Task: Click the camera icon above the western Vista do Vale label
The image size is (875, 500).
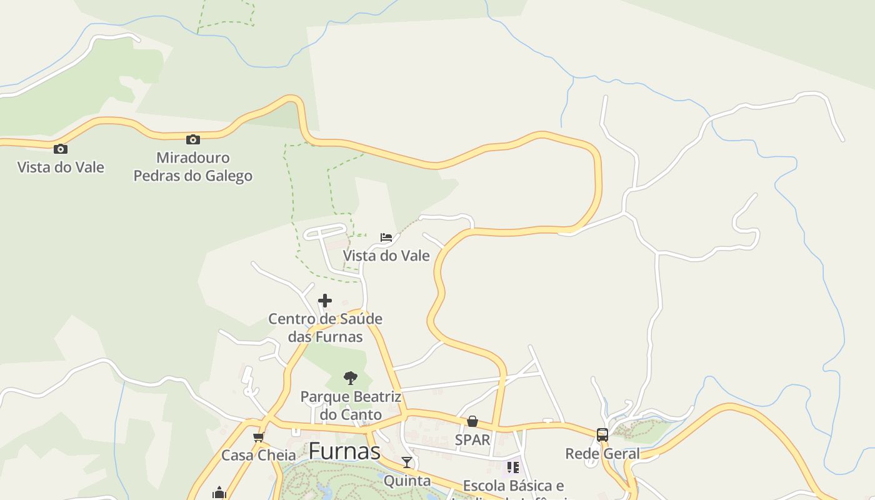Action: [61, 149]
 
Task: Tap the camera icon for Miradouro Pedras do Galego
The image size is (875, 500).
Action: [193, 139]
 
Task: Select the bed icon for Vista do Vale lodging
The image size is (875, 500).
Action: [386, 237]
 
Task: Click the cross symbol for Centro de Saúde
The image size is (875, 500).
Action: [325, 301]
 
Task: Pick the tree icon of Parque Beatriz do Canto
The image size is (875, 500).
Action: [350, 377]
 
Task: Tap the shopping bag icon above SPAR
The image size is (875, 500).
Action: [472, 422]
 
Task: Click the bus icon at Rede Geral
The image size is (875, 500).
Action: [602, 435]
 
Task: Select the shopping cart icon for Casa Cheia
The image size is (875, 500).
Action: [258, 437]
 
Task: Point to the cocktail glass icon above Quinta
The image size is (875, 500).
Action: [407, 462]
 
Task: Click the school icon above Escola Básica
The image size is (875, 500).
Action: [513, 467]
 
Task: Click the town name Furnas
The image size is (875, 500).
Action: [344, 451]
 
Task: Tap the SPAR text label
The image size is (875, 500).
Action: [472, 440]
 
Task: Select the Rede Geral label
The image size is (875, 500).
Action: [602, 454]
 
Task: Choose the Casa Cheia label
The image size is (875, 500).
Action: [259, 455]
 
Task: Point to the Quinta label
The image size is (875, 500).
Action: [407, 481]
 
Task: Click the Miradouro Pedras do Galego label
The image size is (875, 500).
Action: [193, 167]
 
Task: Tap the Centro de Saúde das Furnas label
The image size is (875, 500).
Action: [325, 327]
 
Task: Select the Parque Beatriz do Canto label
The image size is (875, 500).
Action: [350, 406]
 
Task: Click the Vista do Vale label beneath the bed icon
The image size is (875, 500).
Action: [386, 256]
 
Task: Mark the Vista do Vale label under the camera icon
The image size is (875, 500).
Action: [61, 167]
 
